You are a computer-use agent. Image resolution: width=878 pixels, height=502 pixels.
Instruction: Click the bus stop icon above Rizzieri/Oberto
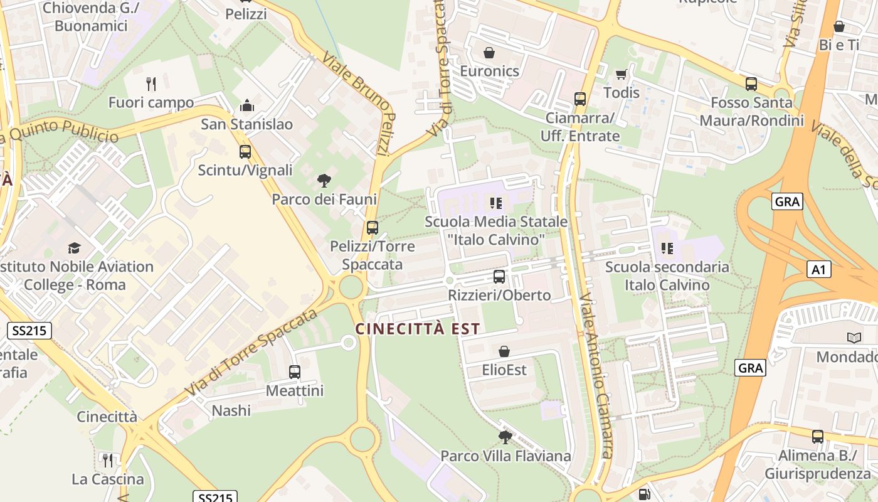pyautogui.click(x=499, y=276)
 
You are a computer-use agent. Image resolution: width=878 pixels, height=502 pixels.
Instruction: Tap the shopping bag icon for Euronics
pyautogui.click(x=489, y=53)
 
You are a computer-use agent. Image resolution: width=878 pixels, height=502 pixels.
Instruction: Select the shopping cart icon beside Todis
pyautogui.click(x=621, y=75)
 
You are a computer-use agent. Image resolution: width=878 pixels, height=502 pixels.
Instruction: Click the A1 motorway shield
pyautogui.click(x=818, y=270)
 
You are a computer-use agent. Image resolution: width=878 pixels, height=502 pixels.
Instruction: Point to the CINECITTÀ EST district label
pyautogui.click(x=418, y=328)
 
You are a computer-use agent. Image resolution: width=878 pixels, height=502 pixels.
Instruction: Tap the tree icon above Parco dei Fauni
pyautogui.click(x=324, y=181)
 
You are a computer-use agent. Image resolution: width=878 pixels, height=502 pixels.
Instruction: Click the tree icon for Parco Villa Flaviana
pyautogui.click(x=505, y=437)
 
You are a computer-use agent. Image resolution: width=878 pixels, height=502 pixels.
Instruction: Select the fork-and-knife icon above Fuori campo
pyautogui.click(x=151, y=83)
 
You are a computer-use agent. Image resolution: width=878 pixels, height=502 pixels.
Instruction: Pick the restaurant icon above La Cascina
pyautogui.click(x=108, y=461)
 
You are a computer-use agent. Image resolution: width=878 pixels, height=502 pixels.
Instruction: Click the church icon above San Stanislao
pyautogui.click(x=247, y=105)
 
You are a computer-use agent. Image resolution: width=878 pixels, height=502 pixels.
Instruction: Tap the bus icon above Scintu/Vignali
pyautogui.click(x=245, y=151)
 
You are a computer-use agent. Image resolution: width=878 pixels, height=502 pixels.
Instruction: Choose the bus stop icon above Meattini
pyautogui.click(x=295, y=371)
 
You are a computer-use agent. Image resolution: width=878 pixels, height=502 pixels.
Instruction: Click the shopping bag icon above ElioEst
pyautogui.click(x=504, y=351)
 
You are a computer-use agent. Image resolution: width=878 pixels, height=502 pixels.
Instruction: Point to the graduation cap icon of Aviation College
pyautogui.click(x=75, y=248)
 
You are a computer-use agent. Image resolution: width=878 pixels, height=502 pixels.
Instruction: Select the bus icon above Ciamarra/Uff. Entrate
pyautogui.click(x=580, y=99)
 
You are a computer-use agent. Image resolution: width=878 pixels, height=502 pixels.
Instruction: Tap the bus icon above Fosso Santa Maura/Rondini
pyautogui.click(x=751, y=83)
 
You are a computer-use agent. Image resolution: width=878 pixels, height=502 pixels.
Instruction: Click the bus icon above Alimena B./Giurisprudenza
pyautogui.click(x=817, y=437)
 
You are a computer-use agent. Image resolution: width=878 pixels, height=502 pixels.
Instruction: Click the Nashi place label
pyautogui.click(x=231, y=410)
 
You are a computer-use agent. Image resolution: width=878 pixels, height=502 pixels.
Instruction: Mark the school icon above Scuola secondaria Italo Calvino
pyautogui.click(x=667, y=248)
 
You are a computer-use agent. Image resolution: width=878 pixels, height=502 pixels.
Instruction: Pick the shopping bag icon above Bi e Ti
pyautogui.click(x=839, y=26)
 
